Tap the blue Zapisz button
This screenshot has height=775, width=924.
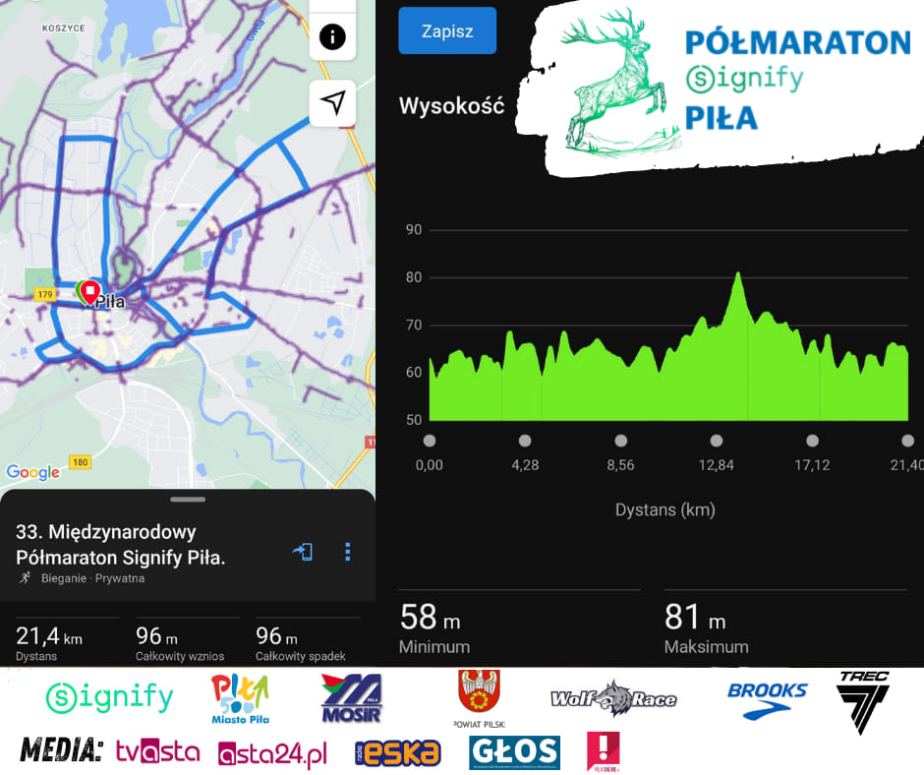pos(447,30)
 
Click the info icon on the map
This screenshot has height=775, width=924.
pos(332,37)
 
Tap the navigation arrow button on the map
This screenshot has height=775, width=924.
pos(332,102)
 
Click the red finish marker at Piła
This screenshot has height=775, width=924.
pos(90,291)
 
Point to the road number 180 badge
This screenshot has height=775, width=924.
pos(81,462)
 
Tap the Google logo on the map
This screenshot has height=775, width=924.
pos(33,472)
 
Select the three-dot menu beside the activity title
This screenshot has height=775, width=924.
pos(347,552)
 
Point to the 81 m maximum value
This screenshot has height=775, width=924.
pos(695,618)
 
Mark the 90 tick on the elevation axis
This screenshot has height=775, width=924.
pos(414,230)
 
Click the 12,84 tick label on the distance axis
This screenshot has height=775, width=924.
pos(717,464)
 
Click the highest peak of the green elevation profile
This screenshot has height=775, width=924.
pos(737,274)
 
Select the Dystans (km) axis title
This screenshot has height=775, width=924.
pos(665,509)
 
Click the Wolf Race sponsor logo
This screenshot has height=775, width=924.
pos(613,698)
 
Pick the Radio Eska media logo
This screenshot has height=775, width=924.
pos(398,753)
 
